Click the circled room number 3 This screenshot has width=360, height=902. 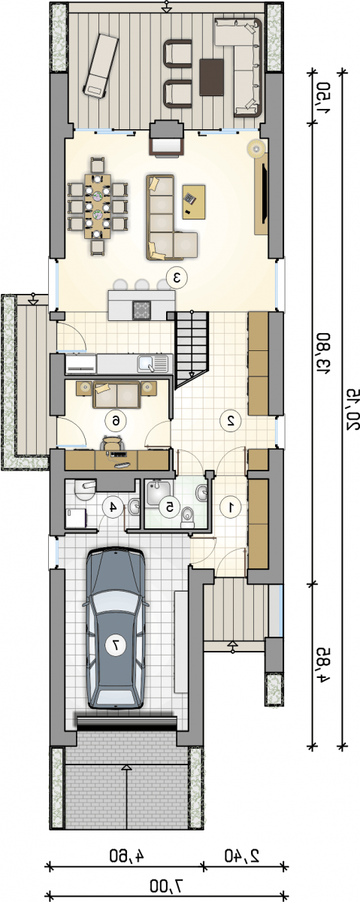pos(177,277)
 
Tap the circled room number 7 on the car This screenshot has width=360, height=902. pos(116,645)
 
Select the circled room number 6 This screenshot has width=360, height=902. pos(116,421)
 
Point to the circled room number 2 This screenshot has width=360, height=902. pos(230,421)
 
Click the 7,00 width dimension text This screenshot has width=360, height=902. pos(166,885)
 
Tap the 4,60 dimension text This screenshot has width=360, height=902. pos(126,854)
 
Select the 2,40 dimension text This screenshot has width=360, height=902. pos(241,854)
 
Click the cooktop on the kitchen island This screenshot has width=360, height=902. pos(142,310)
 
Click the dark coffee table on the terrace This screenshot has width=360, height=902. pos(211,77)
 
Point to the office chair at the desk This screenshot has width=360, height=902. pos(112,444)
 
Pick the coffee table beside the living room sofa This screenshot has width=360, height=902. pos(194,201)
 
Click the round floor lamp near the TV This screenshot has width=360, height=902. pos(256,147)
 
